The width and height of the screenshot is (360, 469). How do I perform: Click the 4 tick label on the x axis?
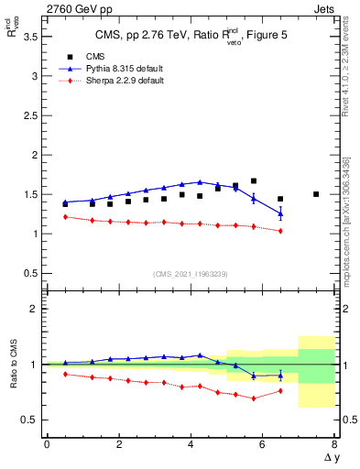click(x=191, y=444)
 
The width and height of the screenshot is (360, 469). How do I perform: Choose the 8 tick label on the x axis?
click(x=334, y=444)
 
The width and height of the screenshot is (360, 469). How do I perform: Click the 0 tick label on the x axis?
click(x=47, y=444)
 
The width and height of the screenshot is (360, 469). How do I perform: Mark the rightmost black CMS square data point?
click(x=316, y=194)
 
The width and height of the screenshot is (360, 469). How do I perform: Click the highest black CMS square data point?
click(x=254, y=181)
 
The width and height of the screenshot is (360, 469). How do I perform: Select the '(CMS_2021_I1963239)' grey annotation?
click(x=191, y=274)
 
